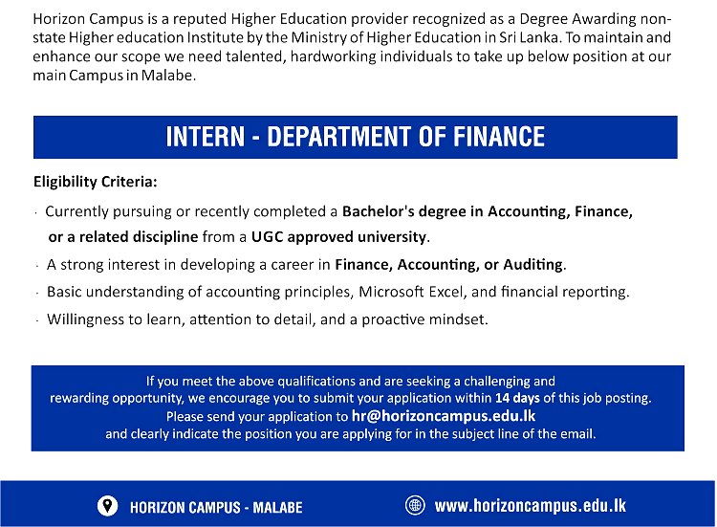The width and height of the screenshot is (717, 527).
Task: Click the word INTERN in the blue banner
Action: (x=206, y=137)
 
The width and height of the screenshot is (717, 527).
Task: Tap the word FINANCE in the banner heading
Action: (x=499, y=137)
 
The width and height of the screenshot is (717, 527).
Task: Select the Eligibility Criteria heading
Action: (x=95, y=182)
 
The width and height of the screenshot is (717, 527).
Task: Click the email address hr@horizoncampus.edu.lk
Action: (x=443, y=416)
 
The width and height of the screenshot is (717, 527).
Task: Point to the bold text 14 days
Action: (x=517, y=398)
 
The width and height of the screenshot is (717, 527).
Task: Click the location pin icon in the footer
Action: (x=107, y=506)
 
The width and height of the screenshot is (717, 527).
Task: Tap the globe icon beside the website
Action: (x=415, y=506)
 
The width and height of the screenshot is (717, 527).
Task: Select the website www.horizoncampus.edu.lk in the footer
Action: (x=530, y=506)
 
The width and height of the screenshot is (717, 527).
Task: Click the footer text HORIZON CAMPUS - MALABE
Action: (x=216, y=507)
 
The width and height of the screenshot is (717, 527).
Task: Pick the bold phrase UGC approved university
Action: (x=338, y=236)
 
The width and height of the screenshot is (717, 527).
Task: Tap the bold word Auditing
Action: (x=533, y=264)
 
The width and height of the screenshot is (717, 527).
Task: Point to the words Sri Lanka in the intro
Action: (x=530, y=37)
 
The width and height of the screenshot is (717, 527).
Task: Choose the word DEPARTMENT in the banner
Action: (x=339, y=137)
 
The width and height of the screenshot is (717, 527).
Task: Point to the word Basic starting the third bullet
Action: (x=64, y=292)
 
